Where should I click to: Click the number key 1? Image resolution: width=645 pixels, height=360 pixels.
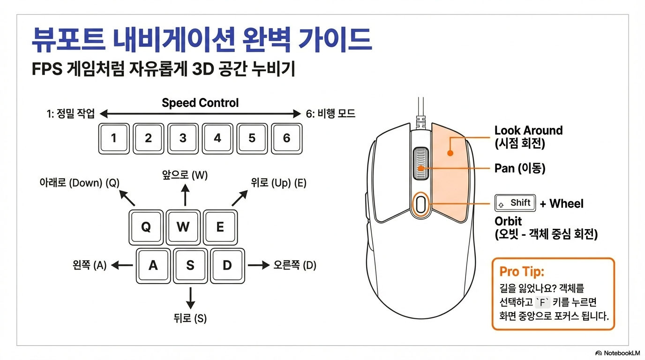pyautogui.click(x=113, y=138)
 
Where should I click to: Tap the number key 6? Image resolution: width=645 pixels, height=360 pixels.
pyautogui.click(x=286, y=138)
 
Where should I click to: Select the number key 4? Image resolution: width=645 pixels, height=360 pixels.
pyautogui.click(x=217, y=138)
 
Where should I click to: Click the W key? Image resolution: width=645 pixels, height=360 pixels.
pyautogui.click(x=183, y=227)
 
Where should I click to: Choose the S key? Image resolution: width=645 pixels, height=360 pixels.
pyautogui.click(x=190, y=265)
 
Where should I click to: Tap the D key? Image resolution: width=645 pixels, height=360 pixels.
pyautogui.click(x=227, y=265)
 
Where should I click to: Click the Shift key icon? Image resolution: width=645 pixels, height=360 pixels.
pyautogui.click(x=515, y=203)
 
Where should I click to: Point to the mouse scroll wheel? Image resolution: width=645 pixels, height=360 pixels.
pyautogui.click(x=421, y=164)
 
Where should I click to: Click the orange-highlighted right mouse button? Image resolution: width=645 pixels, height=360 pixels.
pyautogui.click(x=450, y=169)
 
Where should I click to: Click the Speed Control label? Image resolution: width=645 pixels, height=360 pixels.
pyautogui.click(x=200, y=103)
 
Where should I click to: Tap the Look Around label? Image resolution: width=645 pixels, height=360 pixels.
pyautogui.click(x=528, y=130)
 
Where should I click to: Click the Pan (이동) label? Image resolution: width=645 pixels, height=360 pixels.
pyautogui.click(x=520, y=168)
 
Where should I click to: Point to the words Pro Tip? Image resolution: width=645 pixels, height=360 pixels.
pyautogui.click(x=521, y=271)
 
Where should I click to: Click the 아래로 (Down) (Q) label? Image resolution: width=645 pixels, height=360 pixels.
pyautogui.click(x=79, y=183)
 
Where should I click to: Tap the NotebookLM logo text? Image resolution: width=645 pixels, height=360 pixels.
pyautogui.click(x=620, y=352)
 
